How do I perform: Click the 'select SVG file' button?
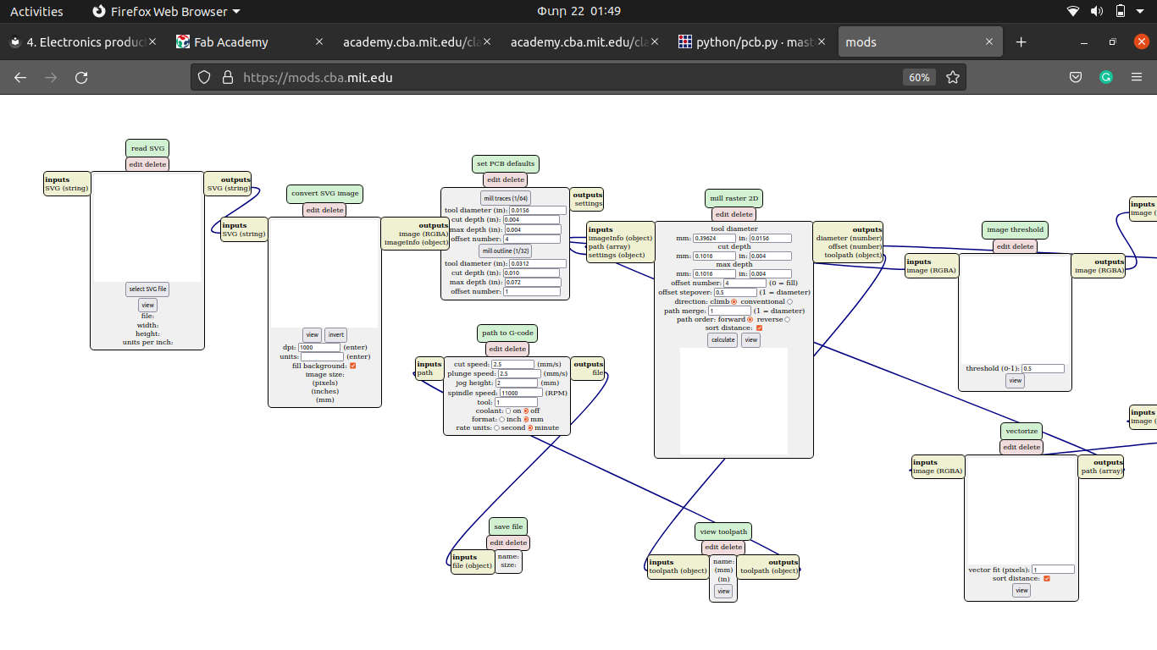pos(147,289)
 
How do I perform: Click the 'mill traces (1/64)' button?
pos(506,198)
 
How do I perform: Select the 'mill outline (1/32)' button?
pos(506,251)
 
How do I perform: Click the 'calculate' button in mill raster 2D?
pos(722,339)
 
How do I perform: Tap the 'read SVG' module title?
pos(147,148)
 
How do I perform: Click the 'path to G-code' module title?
pos(507,333)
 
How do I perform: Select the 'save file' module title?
pos(507,526)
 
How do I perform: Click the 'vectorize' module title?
pos(1021,431)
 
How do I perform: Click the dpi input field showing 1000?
pos(319,347)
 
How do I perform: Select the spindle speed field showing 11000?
pos(521,393)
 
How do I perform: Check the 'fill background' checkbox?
pos(353,366)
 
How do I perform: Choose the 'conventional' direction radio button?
pos(790,301)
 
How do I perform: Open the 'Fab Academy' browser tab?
pos(230,42)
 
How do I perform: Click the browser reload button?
pos(81,77)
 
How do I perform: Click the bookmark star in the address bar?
pos(953,77)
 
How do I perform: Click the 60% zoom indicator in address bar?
pos(919,77)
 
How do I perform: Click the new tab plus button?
pos(1021,42)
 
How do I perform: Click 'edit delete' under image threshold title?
pos(1015,246)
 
